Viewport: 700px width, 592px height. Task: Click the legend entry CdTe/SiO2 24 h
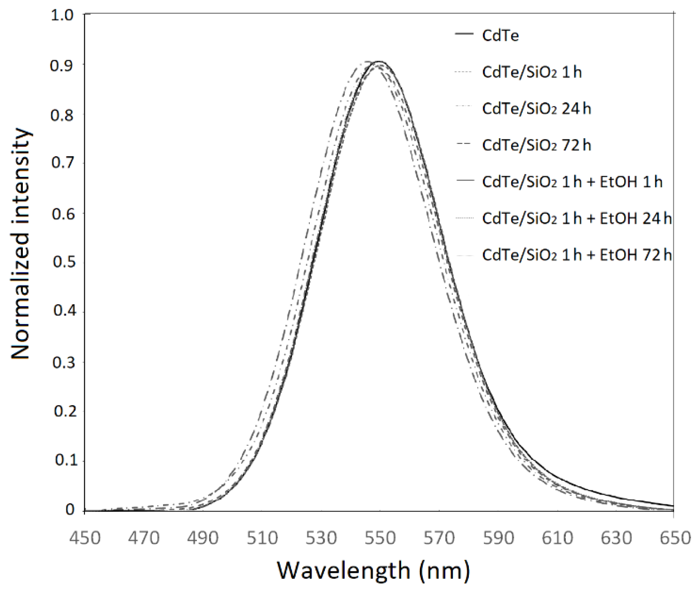click(536, 109)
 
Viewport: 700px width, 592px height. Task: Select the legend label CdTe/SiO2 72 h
click(536, 145)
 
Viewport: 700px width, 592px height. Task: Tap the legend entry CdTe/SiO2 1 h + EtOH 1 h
click(572, 181)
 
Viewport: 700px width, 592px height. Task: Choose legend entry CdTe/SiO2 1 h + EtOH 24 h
click(576, 218)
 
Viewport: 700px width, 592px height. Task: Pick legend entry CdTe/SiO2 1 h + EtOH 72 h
click(576, 255)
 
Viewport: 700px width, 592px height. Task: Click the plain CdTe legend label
click(500, 36)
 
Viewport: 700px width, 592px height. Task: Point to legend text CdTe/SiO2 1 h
click(532, 72)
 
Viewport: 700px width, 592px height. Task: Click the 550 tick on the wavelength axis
click(380, 538)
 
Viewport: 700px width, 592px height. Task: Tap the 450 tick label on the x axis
click(85, 538)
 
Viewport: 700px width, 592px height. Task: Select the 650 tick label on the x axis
click(674, 538)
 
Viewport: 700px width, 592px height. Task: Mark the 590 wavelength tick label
click(497, 538)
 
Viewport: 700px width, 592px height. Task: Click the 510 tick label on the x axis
click(262, 538)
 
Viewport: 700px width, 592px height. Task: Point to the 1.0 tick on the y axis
click(63, 15)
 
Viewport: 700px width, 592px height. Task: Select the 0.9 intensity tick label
click(63, 65)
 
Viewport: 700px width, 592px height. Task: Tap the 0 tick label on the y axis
click(70, 510)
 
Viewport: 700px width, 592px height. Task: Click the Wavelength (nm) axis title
click(373, 570)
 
